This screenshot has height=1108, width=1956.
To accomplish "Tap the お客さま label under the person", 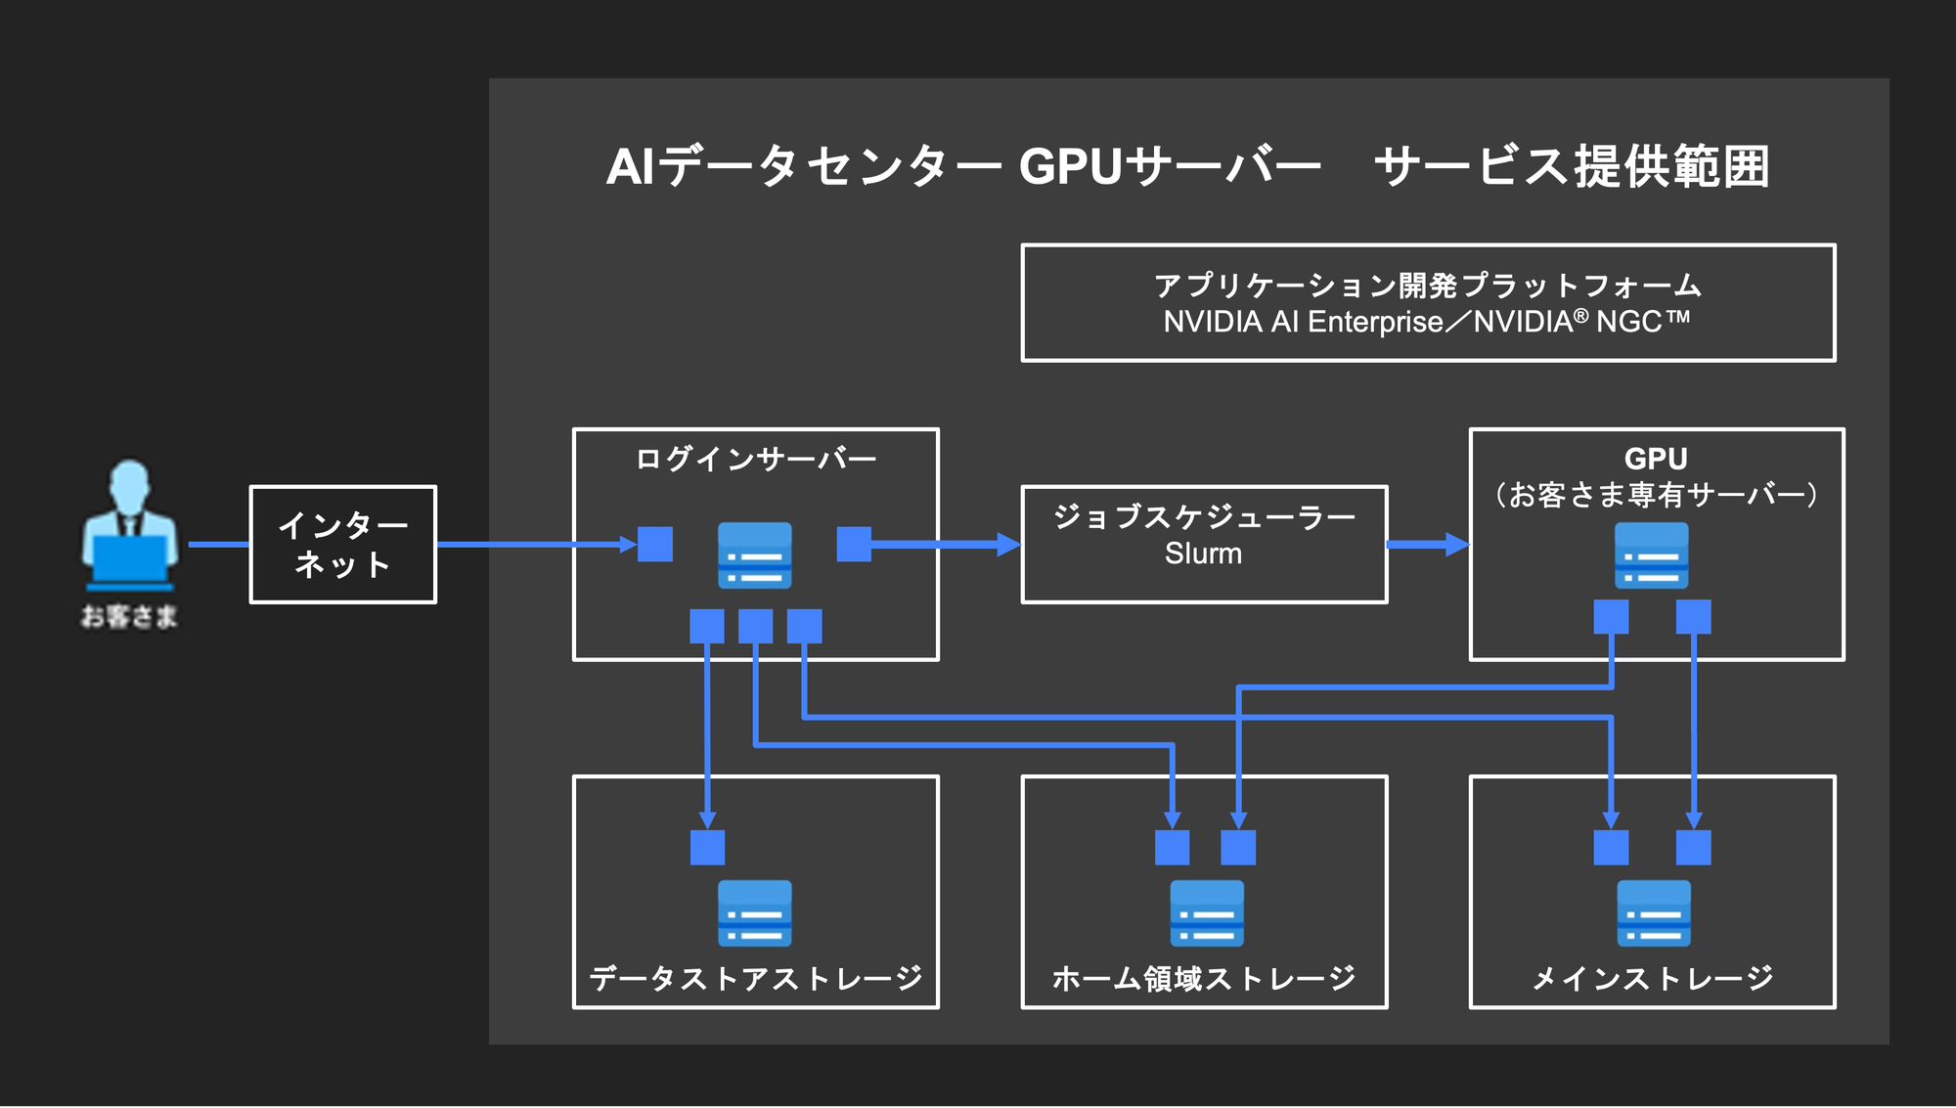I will [129, 617].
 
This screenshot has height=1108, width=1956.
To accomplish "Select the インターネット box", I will [342, 545].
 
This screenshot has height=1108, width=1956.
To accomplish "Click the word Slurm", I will [1203, 554].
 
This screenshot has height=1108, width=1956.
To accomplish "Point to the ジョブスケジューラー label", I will [1203, 516].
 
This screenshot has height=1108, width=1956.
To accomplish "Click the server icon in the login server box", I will [754, 555].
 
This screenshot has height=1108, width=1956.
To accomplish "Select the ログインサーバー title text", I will [755, 459].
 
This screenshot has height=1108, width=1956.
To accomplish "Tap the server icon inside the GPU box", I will [1651, 555].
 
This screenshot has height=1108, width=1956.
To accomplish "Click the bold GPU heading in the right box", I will [1655, 459].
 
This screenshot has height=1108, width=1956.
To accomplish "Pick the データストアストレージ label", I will [755, 978].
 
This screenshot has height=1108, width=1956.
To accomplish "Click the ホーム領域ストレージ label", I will [1203, 978].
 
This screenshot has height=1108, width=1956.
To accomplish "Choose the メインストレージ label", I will [1652, 978].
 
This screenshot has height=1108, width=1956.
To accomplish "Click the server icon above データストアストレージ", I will [754, 913].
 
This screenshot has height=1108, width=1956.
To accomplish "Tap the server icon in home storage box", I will [1207, 913].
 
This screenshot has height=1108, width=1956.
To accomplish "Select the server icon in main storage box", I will [1653, 913].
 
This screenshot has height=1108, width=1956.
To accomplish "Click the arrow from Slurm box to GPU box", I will [1428, 545].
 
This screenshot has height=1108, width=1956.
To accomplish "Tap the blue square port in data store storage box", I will [707, 848].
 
